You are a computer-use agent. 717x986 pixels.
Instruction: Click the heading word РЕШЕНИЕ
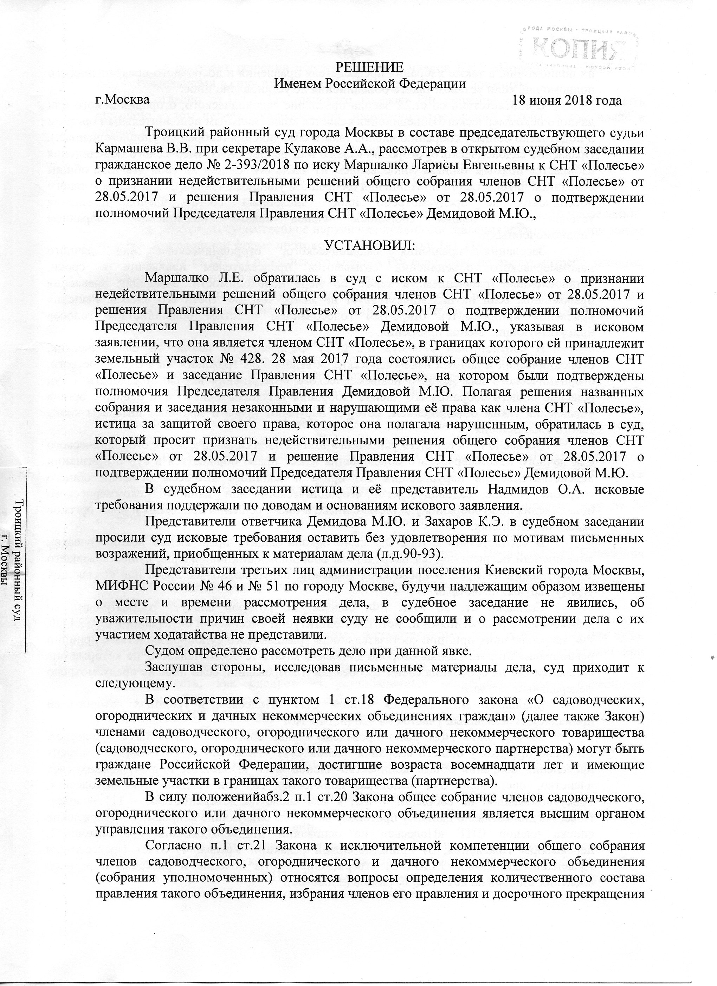point(371,67)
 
